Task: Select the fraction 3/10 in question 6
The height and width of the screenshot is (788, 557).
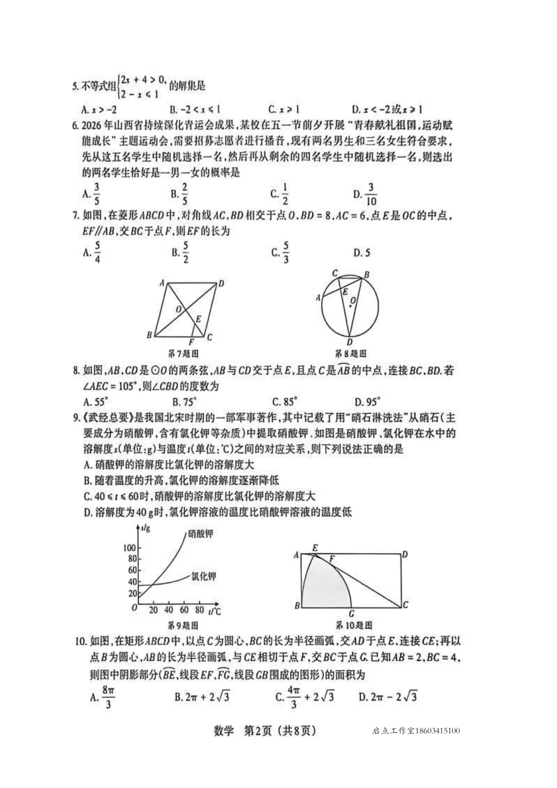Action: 371,194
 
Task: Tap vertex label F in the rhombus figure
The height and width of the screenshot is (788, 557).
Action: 191,342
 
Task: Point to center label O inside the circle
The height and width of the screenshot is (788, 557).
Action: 353,300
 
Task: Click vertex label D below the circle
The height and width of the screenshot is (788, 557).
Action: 349,342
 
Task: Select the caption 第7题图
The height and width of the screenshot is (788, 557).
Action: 184,354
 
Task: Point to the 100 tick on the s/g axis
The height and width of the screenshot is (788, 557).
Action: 129,548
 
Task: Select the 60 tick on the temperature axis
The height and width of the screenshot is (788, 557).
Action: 184,609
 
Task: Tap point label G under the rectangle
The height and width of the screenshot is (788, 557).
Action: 351,614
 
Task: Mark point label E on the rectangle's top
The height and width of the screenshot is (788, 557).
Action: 315,548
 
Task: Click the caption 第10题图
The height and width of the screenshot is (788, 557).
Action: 354,625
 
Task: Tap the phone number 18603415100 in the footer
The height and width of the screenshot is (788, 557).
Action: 437,731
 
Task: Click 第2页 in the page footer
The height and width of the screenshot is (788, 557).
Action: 256,730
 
